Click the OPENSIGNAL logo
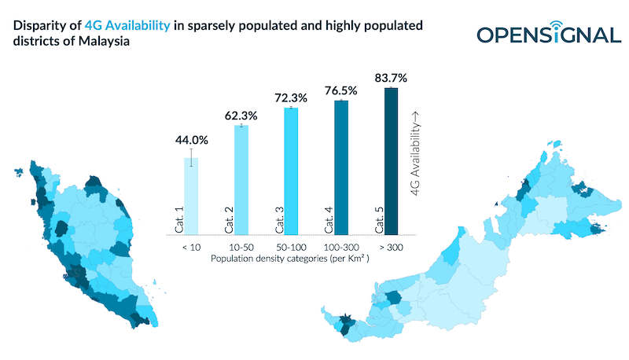pyautogui.click(x=548, y=35)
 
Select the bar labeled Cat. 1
pyautogui.click(x=191, y=197)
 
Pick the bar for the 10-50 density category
pyautogui.click(x=241, y=180)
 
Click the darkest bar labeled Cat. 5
pyautogui.click(x=391, y=161)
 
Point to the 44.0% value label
pyautogui.click(x=191, y=141)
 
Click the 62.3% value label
pyautogui.click(x=241, y=115)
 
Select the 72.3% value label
pyautogui.click(x=291, y=97)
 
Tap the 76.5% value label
pyautogui.click(x=341, y=90)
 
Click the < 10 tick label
pyautogui.click(x=191, y=246)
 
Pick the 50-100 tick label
pyautogui.click(x=291, y=246)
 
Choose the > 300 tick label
pyautogui.click(x=391, y=246)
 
